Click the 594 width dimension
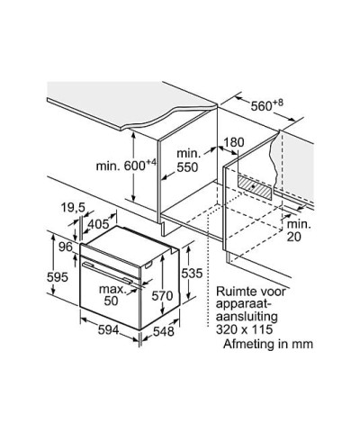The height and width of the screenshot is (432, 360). [x=109, y=330]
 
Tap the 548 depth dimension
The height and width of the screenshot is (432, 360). [x=164, y=331]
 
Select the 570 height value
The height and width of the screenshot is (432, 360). [x=162, y=296]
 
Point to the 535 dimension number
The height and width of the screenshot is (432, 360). [x=192, y=274]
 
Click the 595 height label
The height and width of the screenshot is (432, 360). [x=58, y=277]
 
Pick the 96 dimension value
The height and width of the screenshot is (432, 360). [x=66, y=247]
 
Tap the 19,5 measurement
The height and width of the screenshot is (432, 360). [x=73, y=208]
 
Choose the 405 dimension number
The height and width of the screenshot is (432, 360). [x=98, y=224]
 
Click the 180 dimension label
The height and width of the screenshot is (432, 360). [x=234, y=142]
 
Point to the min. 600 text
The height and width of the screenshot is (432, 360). [x=126, y=165]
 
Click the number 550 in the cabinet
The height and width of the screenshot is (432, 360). [x=187, y=167]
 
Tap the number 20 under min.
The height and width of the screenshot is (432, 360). [x=293, y=237]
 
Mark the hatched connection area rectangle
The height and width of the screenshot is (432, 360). [x=256, y=186]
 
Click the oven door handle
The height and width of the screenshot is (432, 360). [x=107, y=273]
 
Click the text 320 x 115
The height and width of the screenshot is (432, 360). [x=244, y=329]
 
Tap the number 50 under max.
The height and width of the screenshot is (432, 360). [x=111, y=301]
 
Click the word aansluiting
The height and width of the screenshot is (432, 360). [x=247, y=317]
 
